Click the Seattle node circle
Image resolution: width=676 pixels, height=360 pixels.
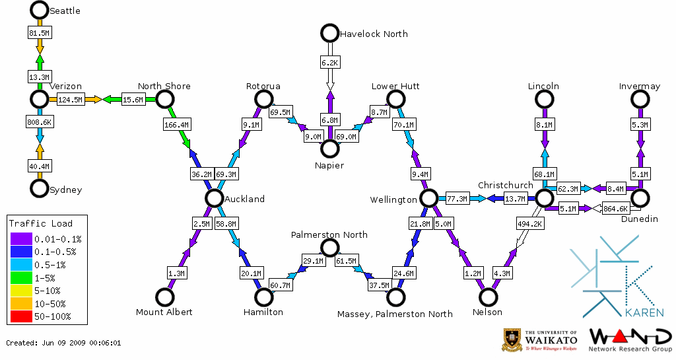40,10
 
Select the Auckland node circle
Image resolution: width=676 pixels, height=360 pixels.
213,198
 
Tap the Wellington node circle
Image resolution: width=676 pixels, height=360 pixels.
429,198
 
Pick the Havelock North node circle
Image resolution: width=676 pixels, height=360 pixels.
329,32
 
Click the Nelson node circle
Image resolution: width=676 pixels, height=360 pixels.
489,297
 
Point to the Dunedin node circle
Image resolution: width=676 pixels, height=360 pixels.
639,198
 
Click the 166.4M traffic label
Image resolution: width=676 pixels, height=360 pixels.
176,124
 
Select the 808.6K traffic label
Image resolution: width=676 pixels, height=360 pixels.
40,122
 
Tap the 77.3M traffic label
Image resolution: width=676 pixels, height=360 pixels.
456,198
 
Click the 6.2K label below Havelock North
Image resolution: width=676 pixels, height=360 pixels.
329,62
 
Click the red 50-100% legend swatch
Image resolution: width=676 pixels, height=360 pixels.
20,317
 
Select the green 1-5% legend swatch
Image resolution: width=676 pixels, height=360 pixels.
20,278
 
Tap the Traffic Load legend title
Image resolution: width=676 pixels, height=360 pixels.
41,223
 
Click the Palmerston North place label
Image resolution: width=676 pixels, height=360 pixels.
329,234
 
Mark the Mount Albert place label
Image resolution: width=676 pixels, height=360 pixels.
164,312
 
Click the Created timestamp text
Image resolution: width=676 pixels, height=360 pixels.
63,343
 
